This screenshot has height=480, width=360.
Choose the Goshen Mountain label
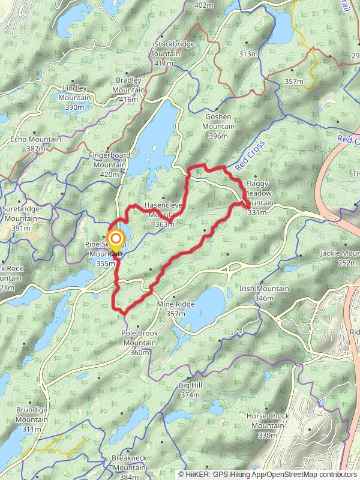pos(218,127)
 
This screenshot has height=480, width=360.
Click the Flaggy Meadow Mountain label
pos(258,194)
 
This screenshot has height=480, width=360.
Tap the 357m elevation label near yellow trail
pos(294,82)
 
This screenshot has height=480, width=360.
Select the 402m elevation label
pos(204,5)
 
